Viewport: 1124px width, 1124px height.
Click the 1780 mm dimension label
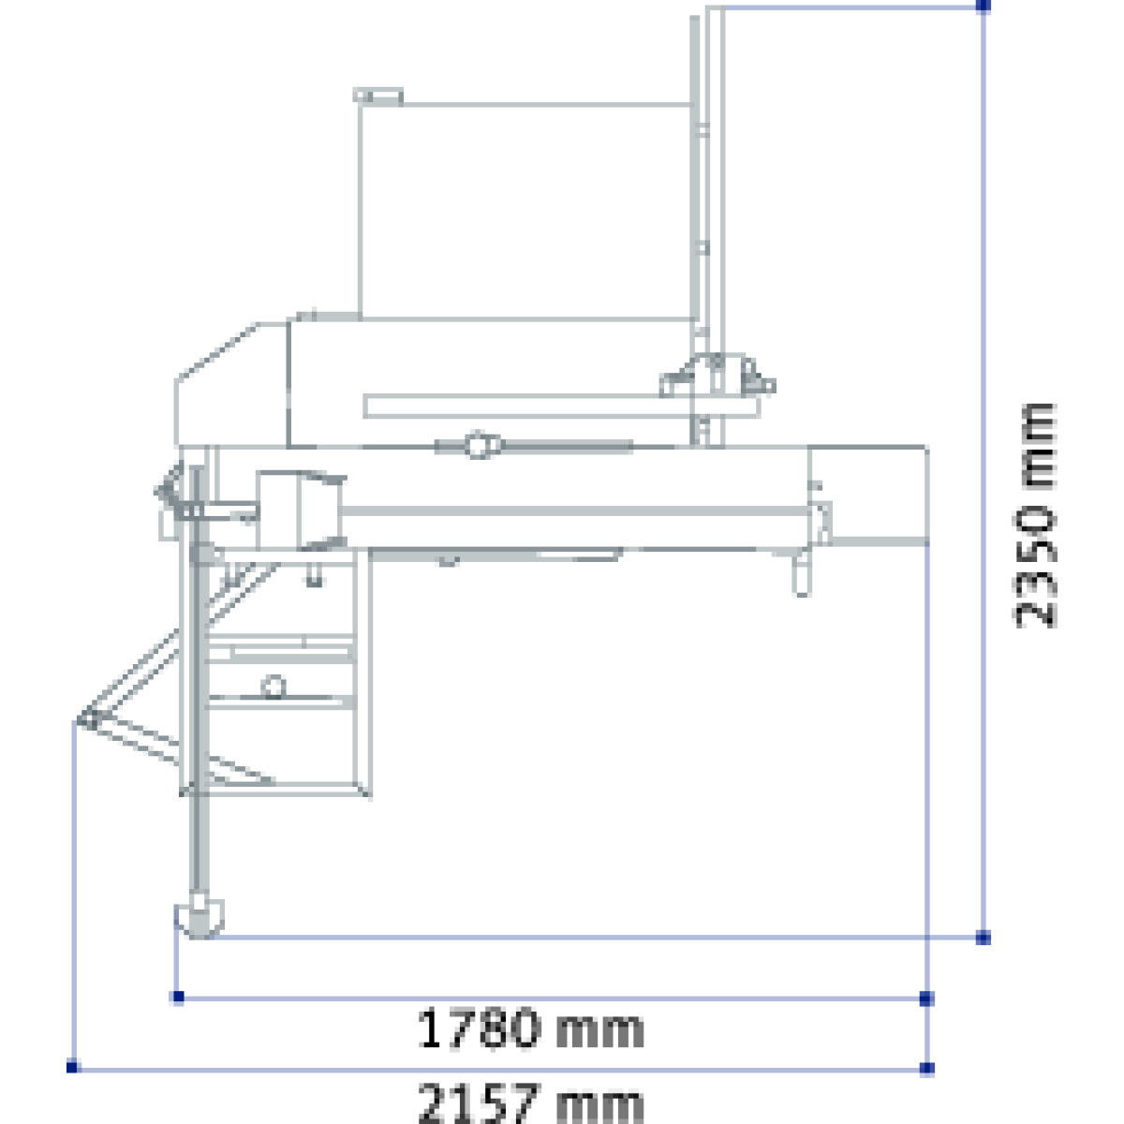[x=530, y=1028]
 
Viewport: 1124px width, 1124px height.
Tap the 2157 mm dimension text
[x=530, y=1102]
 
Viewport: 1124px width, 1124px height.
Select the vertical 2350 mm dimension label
[x=1034, y=515]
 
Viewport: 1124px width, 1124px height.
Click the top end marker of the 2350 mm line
[x=983, y=7]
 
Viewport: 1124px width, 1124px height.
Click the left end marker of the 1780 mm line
[x=179, y=997]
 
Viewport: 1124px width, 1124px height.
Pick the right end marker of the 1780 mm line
[x=926, y=998]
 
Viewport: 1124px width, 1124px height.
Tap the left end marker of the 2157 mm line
[x=72, y=1067]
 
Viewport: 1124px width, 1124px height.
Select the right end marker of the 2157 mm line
[x=926, y=1069]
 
